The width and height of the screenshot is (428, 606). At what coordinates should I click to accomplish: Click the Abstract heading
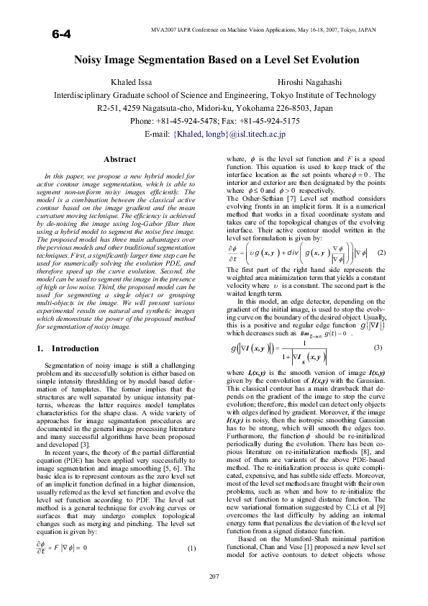[120, 159]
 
